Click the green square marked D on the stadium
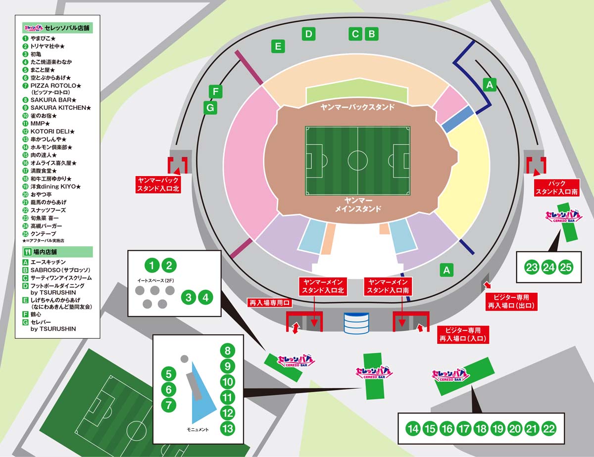click(308, 34)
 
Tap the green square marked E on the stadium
click(278, 46)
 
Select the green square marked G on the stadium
click(210, 107)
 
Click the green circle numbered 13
click(227, 428)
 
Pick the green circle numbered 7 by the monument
click(168, 405)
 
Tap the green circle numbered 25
click(566, 267)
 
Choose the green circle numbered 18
click(481, 429)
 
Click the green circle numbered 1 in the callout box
click(152, 265)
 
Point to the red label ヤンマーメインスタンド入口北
click(323, 286)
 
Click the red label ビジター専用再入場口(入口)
click(463, 334)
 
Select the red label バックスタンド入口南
click(556, 187)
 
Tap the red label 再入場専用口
click(270, 303)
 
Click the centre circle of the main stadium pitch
click(357, 161)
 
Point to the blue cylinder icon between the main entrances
click(356, 323)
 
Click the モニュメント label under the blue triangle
click(198, 429)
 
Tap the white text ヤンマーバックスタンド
click(357, 107)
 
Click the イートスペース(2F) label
click(155, 280)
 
